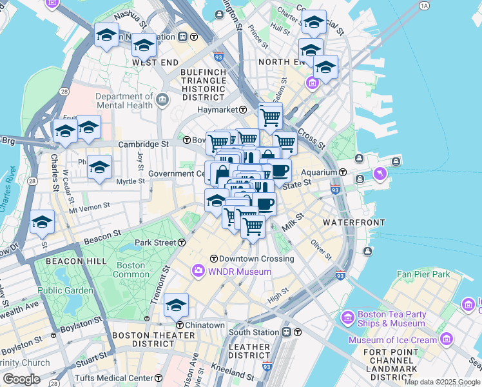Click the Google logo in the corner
[21, 379]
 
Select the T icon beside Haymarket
[244, 110]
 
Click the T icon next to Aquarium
[343, 173]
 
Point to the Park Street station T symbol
[182, 243]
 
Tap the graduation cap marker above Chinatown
[176, 306]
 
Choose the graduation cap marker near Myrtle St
[99, 168]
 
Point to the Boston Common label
[131, 270]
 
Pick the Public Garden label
[65, 290]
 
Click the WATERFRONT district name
[354, 222]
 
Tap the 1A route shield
[423, 6]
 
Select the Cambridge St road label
[148, 144]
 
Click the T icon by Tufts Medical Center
[159, 377]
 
